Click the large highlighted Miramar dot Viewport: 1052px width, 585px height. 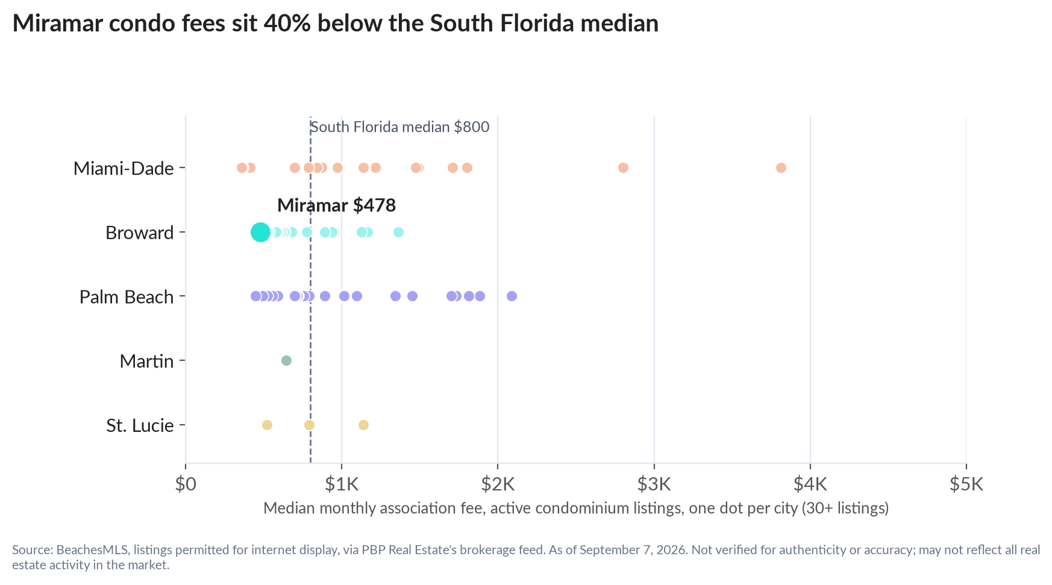260,232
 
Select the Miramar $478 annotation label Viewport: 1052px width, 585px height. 336,205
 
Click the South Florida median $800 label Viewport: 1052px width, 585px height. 399,127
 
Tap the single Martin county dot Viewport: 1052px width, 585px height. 286,360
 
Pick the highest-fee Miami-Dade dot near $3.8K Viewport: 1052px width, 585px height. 781,167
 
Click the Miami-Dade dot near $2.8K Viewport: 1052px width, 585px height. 623,167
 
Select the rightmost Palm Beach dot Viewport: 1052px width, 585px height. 512,296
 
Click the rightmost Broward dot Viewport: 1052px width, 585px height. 398,232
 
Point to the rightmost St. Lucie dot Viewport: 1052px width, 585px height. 363,425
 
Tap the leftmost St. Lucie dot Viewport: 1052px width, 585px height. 267,425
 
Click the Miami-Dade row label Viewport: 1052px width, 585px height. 124,168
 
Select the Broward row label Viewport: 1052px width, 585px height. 140,233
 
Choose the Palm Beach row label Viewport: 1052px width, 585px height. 127,297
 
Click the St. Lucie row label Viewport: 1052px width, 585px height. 140,425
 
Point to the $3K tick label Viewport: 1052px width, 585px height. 654,484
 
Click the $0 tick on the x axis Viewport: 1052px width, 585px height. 186,484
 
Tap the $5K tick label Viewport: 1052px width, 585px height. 966,484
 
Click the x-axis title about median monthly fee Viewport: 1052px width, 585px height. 576,508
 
